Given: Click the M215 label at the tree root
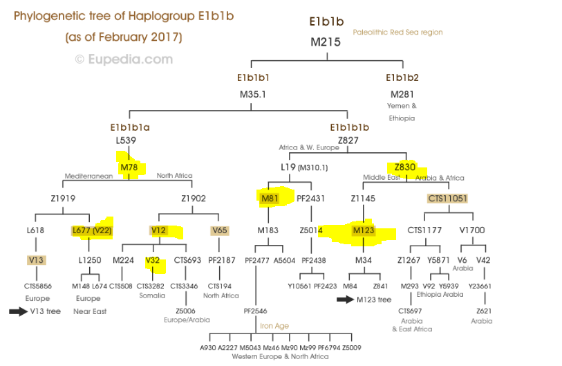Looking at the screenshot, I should coord(325,42).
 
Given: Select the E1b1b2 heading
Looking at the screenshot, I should coord(402,77).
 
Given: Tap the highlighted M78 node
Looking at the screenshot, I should coord(129,167).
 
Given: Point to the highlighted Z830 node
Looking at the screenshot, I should coord(405,167).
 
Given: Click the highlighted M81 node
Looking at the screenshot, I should coord(269,199).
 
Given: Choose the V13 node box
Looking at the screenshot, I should coord(37,259).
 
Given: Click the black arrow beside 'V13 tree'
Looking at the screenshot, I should coord(18,311).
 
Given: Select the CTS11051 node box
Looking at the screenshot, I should coord(447,199).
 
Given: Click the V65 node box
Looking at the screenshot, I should coord(220,230).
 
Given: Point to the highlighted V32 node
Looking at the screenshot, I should coord(153,260).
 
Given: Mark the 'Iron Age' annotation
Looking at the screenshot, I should coord(274,326).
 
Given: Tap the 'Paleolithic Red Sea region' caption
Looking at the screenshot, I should coord(397,33).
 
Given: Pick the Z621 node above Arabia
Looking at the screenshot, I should coord(483,311).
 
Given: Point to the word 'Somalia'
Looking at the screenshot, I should coord(152,295).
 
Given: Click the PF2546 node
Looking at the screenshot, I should coord(255,311).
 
